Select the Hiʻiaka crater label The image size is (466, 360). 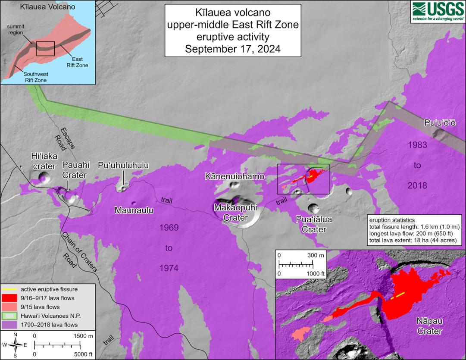click(x=43, y=161)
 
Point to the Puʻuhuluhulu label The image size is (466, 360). click(x=123, y=165)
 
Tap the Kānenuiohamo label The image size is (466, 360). click(x=235, y=176)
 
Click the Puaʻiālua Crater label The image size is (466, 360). click(x=314, y=225)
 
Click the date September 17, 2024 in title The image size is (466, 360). click(x=233, y=49)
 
